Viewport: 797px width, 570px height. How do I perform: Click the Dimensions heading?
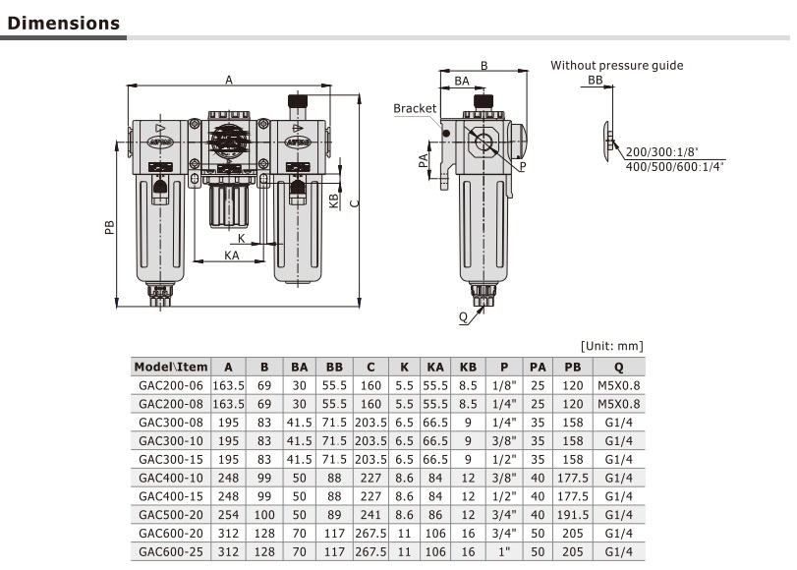pos(63,23)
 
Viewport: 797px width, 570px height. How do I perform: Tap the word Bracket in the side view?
pos(414,108)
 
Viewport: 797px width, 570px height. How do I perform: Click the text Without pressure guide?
pos(616,66)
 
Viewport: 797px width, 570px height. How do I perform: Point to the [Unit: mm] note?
pos(612,346)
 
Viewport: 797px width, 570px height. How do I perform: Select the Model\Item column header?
pos(171,367)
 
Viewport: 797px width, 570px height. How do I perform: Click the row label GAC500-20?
pos(171,513)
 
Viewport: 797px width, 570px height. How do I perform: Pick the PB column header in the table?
pos(573,367)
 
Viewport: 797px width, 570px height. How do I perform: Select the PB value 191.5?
pos(573,513)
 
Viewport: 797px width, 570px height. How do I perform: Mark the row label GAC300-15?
pos(171,458)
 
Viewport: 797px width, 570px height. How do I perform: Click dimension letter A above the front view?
pos(229,81)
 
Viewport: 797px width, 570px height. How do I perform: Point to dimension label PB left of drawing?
pos(109,227)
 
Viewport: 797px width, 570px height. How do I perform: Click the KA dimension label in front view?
pos(231,255)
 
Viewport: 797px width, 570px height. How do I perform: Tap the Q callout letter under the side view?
pos(463,316)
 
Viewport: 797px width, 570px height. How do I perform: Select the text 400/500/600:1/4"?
pos(676,167)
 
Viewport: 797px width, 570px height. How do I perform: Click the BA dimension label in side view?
pos(461,84)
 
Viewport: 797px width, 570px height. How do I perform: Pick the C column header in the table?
pos(370,367)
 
